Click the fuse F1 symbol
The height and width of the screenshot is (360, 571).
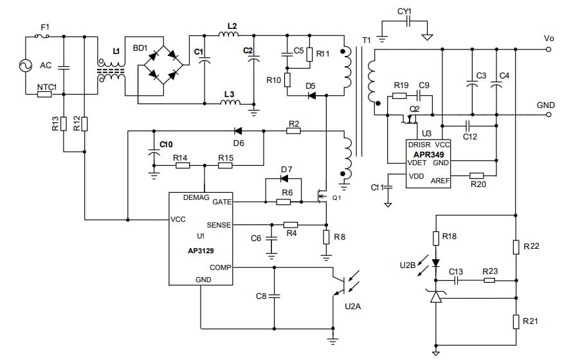44,37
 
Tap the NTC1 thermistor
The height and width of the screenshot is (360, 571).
44,94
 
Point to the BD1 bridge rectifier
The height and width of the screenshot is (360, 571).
163,65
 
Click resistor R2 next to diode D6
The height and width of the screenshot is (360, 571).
293,130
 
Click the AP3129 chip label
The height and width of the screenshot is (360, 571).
201,251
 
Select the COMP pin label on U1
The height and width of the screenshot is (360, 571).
219,267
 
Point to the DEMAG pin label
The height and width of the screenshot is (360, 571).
196,198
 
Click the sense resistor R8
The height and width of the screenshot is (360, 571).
327,237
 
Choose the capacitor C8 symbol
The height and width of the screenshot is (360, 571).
275,296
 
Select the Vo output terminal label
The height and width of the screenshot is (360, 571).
548,39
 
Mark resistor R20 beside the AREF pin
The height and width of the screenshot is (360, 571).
476,175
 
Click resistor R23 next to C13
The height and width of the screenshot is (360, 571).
490,280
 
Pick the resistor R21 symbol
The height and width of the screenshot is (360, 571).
516,321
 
